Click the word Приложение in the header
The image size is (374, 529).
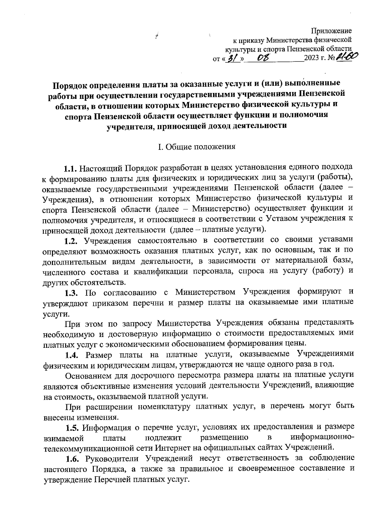pos(332,31)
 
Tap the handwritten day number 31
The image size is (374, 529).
pos(232,58)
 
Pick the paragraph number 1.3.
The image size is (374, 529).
pos(71,293)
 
